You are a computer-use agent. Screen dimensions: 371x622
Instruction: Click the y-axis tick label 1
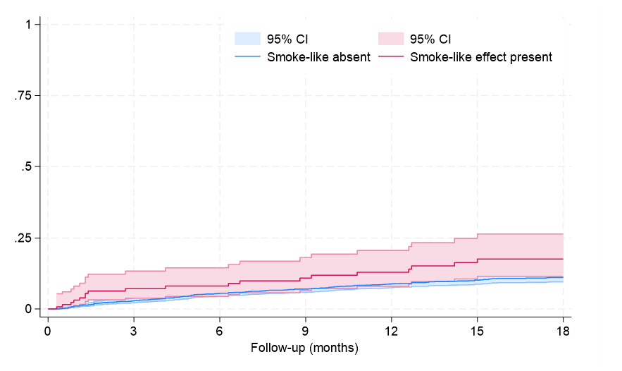click(x=28, y=25)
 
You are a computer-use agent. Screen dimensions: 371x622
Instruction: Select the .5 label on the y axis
click(x=26, y=167)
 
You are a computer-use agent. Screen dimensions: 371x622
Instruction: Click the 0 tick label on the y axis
click(x=28, y=309)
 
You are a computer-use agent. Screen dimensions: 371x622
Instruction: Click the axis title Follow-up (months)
click(x=305, y=348)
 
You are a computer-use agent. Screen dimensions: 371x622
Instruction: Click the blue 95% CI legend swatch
click(x=247, y=38)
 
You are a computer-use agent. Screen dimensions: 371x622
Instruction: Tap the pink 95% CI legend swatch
click(x=391, y=38)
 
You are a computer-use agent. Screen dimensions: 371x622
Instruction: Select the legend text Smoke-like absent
click(x=318, y=57)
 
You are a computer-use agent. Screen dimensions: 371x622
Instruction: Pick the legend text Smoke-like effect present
click(x=481, y=57)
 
